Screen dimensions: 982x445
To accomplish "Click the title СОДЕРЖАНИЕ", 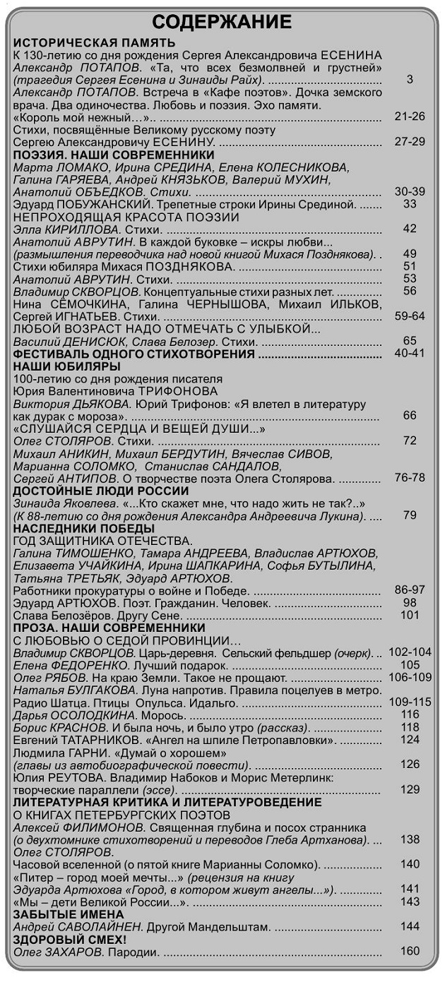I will pos(222,22).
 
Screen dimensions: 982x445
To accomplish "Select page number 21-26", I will pos(410,116).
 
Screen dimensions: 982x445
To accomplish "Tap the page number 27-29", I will pos(410,142).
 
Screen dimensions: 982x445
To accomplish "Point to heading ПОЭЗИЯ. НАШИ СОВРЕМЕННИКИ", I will pos(114,155).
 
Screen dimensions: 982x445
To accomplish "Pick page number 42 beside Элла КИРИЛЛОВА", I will pos(410,229).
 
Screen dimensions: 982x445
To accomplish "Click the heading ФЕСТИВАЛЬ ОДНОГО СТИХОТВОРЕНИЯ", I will pos(134,354).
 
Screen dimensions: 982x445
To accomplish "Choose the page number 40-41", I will pos(410,354).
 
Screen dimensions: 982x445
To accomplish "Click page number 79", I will pos(410,515).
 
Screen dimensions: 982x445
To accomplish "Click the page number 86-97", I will pos(410,590).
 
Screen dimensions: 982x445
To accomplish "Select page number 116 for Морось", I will pos(410,714).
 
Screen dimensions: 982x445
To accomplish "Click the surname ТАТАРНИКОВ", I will pos(100,740).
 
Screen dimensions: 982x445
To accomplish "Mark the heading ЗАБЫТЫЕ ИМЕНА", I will pos(69,914).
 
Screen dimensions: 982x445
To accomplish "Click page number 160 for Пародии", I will pos(410,951).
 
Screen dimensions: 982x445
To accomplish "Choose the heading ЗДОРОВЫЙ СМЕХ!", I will pos(70,940).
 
